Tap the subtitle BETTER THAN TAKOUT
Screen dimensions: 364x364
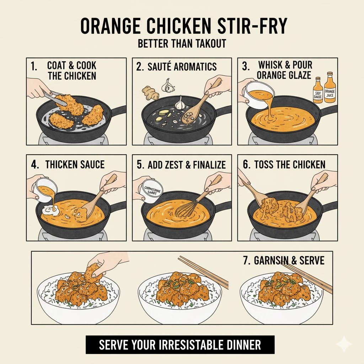point(182,44)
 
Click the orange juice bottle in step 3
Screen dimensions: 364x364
point(330,90)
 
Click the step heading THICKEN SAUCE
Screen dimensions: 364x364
point(75,165)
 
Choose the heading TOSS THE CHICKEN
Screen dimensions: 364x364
point(289,165)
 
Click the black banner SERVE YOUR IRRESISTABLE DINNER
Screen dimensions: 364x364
point(180,345)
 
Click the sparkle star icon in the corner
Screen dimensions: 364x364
point(344,344)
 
